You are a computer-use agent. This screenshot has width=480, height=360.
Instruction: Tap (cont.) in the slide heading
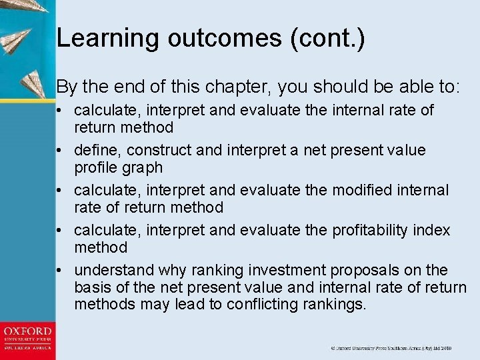point(328,38)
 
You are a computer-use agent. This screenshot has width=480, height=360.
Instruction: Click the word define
point(95,150)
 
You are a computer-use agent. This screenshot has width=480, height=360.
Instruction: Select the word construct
point(155,150)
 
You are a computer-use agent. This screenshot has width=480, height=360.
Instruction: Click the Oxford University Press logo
point(27,338)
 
